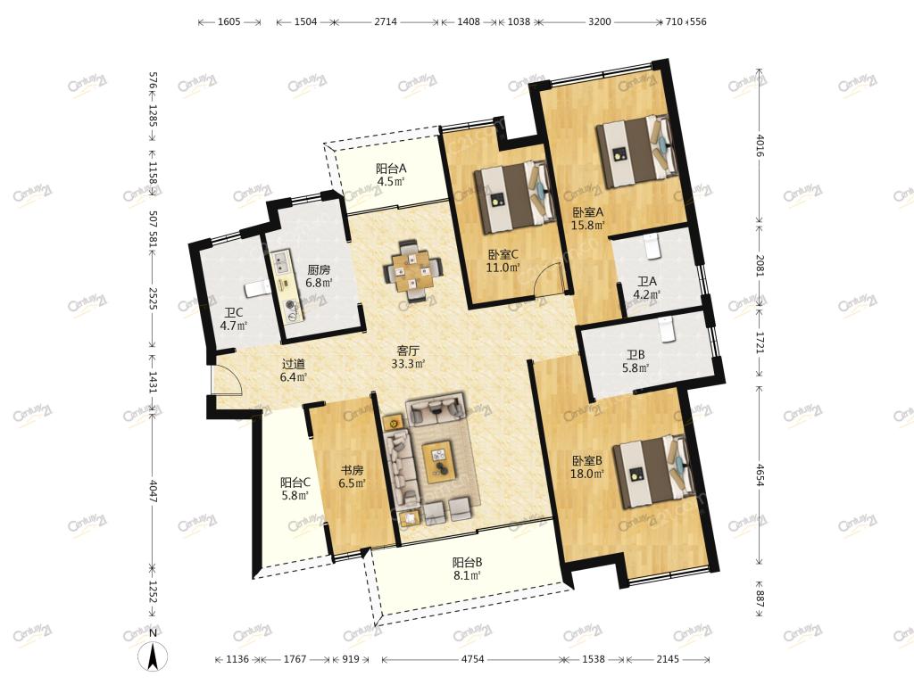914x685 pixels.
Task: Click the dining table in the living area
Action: click(x=412, y=271)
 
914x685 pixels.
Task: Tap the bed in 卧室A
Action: click(x=636, y=152)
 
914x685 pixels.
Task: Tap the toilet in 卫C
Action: click(x=255, y=288)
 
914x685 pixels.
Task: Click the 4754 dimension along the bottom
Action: click(x=472, y=659)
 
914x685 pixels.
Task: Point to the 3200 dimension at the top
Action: click(x=599, y=21)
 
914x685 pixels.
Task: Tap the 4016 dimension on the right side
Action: click(x=760, y=145)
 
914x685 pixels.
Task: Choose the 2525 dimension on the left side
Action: click(x=153, y=297)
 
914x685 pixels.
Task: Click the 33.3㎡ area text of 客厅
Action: click(x=408, y=364)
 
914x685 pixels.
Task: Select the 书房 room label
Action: click(x=352, y=470)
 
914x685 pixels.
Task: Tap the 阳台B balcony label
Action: click(x=468, y=563)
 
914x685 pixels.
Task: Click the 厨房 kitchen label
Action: click(x=319, y=269)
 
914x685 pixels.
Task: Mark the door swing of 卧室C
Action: click(x=550, y=278)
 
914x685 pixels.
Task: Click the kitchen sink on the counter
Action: click(x=282, y=262)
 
